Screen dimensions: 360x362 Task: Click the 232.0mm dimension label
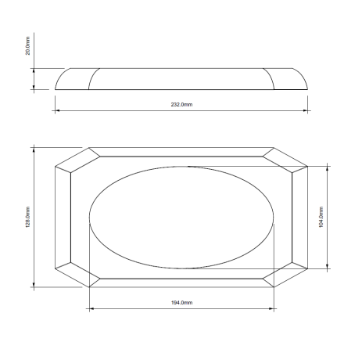[x=181, y=104]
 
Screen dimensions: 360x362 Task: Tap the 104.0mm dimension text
[x=321, y=216]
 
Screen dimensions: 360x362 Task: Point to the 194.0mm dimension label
[x=181, y=302]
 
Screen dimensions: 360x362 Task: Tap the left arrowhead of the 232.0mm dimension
[x=58, y=110]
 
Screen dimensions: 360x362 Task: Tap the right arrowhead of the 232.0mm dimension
[x=306, y=110]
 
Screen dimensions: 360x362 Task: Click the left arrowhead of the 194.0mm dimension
[x=92, y=308]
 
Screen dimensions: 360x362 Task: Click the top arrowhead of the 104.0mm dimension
[x=328, y=166]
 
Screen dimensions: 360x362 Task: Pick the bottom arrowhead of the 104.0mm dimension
[x=328, y=267]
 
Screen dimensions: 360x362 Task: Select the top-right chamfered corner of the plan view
[x=287, y=158]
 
